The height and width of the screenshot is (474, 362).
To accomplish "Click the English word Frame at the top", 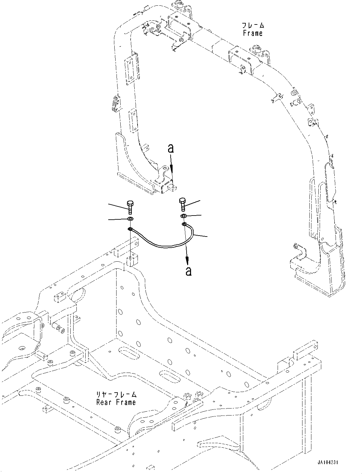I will (x=252, y=33).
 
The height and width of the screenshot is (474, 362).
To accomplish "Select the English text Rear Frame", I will (x=116, y=402).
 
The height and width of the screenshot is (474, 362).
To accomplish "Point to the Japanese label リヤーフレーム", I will (x=117, y=395).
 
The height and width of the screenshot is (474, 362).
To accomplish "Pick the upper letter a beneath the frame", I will (x=171, y=148).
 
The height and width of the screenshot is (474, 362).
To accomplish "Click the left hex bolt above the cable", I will (x=130, y=207).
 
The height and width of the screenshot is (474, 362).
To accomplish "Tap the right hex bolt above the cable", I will (x=182, y=204).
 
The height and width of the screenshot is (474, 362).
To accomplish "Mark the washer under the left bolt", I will (x=130, y=219).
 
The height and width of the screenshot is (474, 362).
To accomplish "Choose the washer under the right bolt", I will (x=183, y=216).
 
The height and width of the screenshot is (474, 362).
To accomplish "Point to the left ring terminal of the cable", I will (x=130, y=229).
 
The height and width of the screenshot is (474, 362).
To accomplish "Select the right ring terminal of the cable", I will (x=184, y=225).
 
